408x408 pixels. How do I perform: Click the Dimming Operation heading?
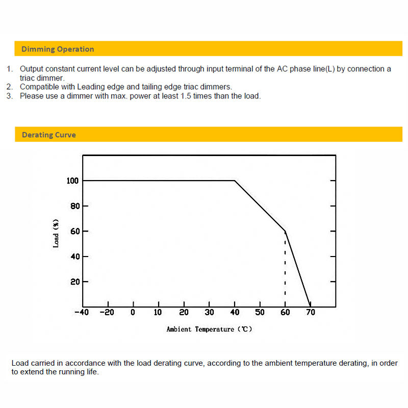point(57,49)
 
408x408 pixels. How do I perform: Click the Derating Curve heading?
point(48,135)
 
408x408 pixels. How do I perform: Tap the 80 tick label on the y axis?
point(75,206)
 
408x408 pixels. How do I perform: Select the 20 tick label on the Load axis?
point(75,282)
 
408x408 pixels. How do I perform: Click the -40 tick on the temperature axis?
point(82,312)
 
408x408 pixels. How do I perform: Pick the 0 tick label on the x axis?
point(133,312)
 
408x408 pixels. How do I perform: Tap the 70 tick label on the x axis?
point(311,312)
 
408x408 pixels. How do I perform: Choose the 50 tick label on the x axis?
point(260,312)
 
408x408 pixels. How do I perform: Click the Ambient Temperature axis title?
point(209,329)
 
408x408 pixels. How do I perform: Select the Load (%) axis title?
point(56,233)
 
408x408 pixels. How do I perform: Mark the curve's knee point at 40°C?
point(235,181)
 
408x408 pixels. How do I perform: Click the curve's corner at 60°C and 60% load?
point(285,231)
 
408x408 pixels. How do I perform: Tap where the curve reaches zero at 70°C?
point(310,307)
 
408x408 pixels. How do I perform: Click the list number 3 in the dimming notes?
point(9,96)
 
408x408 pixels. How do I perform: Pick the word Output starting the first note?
point(31,69)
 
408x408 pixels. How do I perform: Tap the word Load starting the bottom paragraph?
point(20,363)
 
